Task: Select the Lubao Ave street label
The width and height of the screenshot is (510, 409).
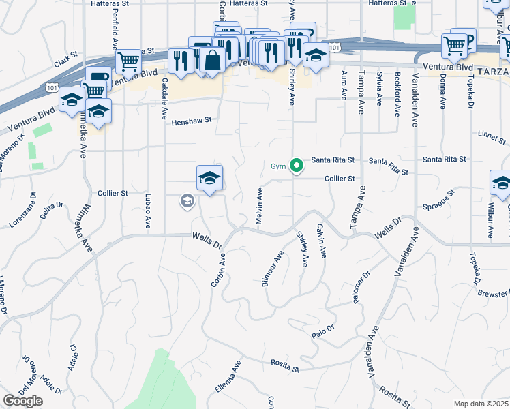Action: (x=148, y=211)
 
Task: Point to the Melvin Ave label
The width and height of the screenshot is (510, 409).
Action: (x=260, y=203)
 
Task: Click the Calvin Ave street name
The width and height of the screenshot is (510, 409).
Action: (x=321, y=241)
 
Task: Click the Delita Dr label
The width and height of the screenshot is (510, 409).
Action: (x=51, y=209)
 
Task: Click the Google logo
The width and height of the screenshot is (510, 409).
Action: (x=22, y=401)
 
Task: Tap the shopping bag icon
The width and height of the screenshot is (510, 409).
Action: (x=213, y=59)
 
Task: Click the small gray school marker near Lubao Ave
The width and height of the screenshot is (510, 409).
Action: (x=186, y=200)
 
